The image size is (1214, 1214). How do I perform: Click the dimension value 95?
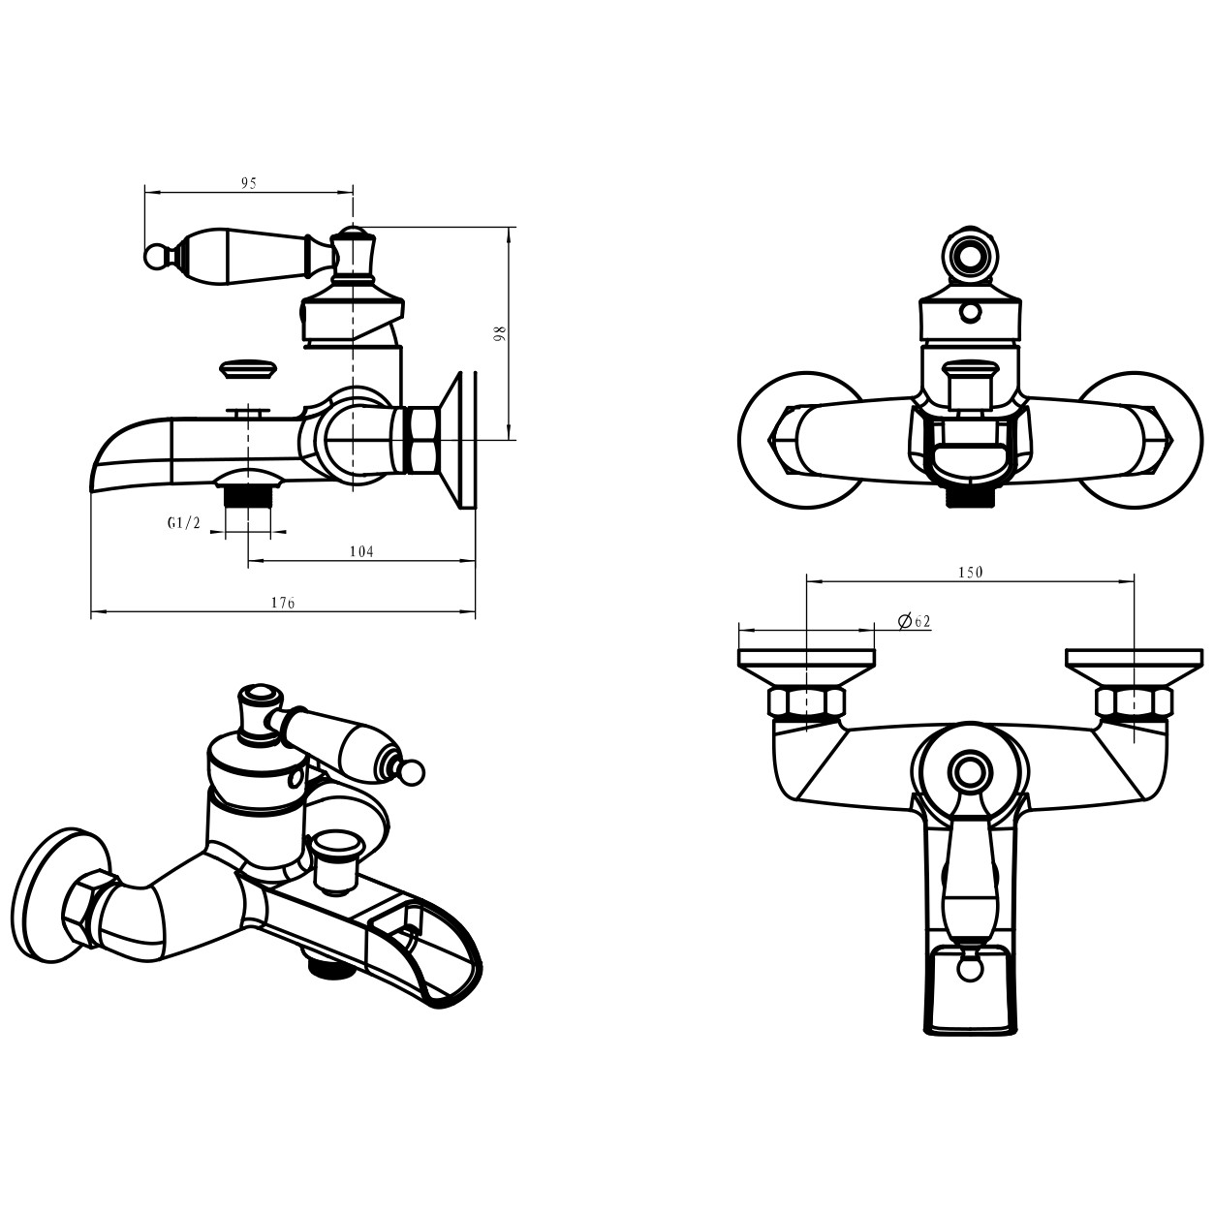click(x=249, y=183)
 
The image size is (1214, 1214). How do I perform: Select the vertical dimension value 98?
click(x=502, y=333)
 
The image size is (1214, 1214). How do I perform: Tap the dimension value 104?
click(x=361, y=552)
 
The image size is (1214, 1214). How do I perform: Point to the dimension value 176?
click(x=283, y=603)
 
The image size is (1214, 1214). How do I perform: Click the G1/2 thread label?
click(x=184, y=522)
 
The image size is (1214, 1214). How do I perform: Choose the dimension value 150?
click(x=970, y=572)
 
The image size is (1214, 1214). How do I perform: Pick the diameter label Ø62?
click(x=914, y=621)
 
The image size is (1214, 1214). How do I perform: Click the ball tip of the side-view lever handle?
click(x=154, y=256)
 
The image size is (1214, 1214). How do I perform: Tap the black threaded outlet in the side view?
click(x=248, y=495)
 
